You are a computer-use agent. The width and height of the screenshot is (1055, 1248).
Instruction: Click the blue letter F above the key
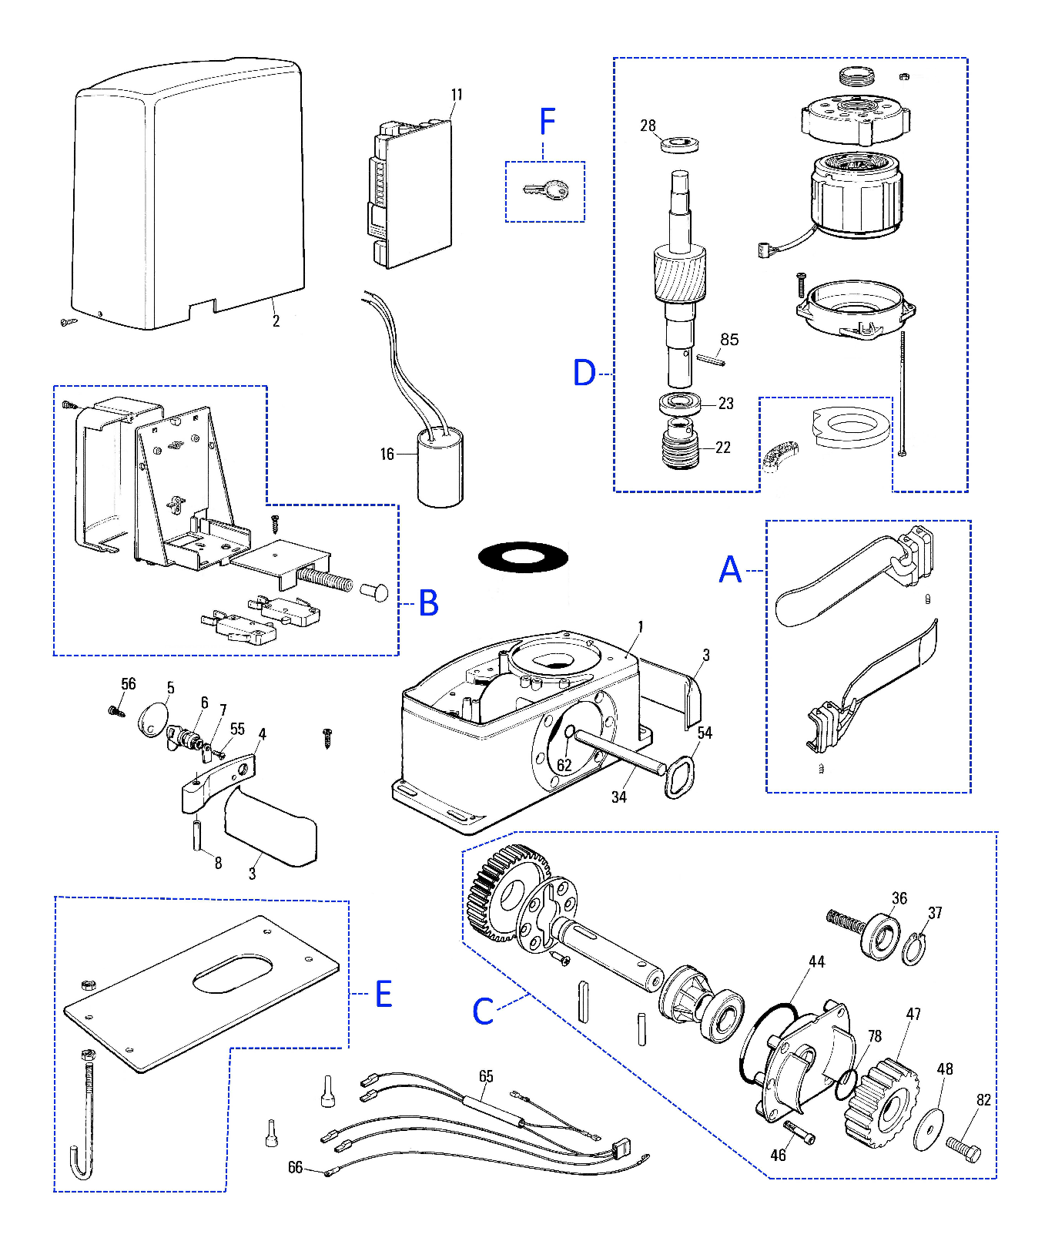[548, 122]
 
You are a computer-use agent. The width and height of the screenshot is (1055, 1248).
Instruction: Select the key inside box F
[544, 190]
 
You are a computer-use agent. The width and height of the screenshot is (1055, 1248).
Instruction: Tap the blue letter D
[584, 373]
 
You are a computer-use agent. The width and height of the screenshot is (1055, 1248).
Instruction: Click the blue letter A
[730, 570]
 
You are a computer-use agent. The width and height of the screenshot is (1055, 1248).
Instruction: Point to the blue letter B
[429, 602]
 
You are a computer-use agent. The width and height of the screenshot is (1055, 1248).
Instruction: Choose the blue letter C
[483, 1011]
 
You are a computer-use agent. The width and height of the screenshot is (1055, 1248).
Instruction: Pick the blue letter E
[383, 994]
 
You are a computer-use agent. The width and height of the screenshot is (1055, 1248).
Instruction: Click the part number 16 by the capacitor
[387, 455]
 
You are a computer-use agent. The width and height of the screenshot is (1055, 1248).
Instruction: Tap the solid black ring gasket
[523, 557]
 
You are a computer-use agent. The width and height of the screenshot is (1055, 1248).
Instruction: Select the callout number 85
[729, 340]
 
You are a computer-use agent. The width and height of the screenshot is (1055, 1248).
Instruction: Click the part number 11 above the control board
[457, 95]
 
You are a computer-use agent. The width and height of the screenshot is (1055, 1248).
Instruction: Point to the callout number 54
[705, 733]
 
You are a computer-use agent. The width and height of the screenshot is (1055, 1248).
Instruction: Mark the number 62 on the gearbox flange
[564, 765]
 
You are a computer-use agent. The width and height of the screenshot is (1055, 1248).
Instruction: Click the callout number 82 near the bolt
[983, 1100]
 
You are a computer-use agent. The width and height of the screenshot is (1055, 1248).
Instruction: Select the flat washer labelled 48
[929, 1129]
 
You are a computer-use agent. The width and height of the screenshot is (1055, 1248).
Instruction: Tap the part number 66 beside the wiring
[296, 1168]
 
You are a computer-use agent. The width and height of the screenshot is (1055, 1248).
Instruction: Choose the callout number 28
[648, 126]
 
